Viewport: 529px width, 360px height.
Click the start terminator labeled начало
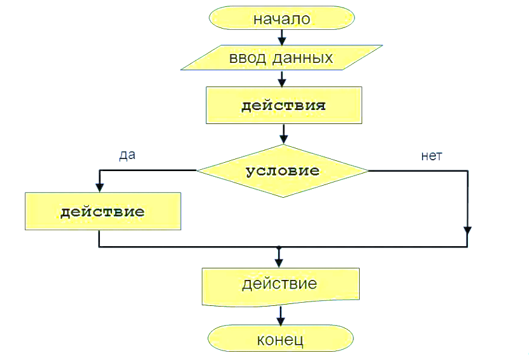click(281, 18)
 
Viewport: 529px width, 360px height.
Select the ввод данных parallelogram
click(281, 59)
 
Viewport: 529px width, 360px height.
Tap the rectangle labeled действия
click(284, 106)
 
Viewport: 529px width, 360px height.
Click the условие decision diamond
click(283, 170)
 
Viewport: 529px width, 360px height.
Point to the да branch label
click(128, 155)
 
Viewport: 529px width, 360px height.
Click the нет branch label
click(431, 156)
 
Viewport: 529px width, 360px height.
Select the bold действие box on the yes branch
click(102, 211)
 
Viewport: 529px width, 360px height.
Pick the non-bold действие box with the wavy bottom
click(280, 284)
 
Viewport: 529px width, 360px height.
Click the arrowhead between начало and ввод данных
click(281, 41)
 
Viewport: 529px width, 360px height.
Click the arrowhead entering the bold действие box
click(99, 188)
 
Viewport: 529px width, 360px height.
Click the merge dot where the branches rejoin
click(279, 247)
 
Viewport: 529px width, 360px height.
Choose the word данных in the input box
click(305, 59)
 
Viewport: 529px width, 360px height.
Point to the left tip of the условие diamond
click(197, 170)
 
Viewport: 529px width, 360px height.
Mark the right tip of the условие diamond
click(369, 170)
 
